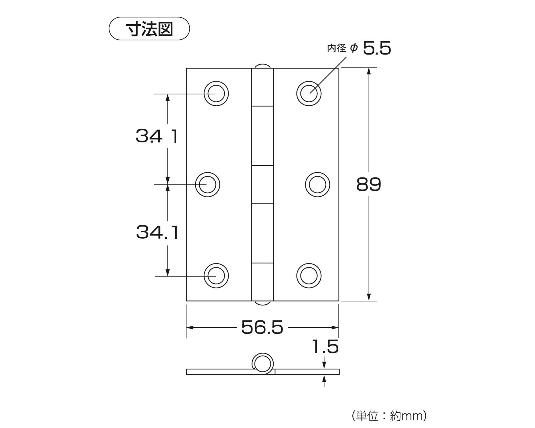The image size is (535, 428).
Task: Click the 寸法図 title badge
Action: [149, 29]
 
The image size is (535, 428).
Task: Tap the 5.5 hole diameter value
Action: [377, 48]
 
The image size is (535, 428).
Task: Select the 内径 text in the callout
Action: [337, 48]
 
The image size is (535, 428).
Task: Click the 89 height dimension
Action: [369, 184]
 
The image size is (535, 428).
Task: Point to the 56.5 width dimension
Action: [262, 327]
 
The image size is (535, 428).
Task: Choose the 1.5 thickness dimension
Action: [325, 347]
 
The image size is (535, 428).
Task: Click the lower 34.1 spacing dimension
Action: [157, 232]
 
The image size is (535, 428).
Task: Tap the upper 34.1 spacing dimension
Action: [157, 136]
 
